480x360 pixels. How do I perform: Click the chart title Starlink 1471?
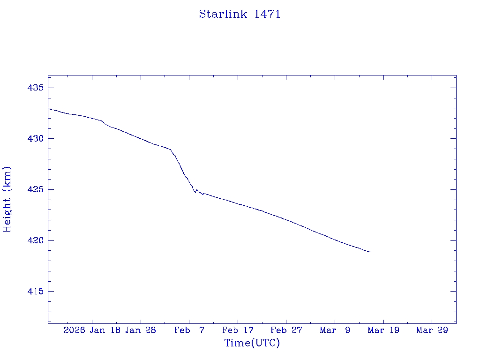click(240, 14)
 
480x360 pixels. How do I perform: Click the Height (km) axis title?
click(7, 199)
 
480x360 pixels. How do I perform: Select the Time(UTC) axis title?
click(252, 343)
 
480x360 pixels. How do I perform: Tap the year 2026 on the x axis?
click(75, 330)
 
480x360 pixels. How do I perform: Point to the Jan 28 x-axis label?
click(141, 330)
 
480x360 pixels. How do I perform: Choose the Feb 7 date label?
click(189, 330)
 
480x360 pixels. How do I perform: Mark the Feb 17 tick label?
click(238, 330)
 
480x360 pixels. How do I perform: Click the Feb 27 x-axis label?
click(286, 330)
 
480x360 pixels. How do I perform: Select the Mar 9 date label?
click(335, 330)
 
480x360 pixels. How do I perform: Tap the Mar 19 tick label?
click(383, 330)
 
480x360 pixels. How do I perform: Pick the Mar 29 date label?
click(432, 330)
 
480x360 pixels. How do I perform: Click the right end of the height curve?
click(370, 252)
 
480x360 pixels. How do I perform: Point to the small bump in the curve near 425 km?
click(197, 190)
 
